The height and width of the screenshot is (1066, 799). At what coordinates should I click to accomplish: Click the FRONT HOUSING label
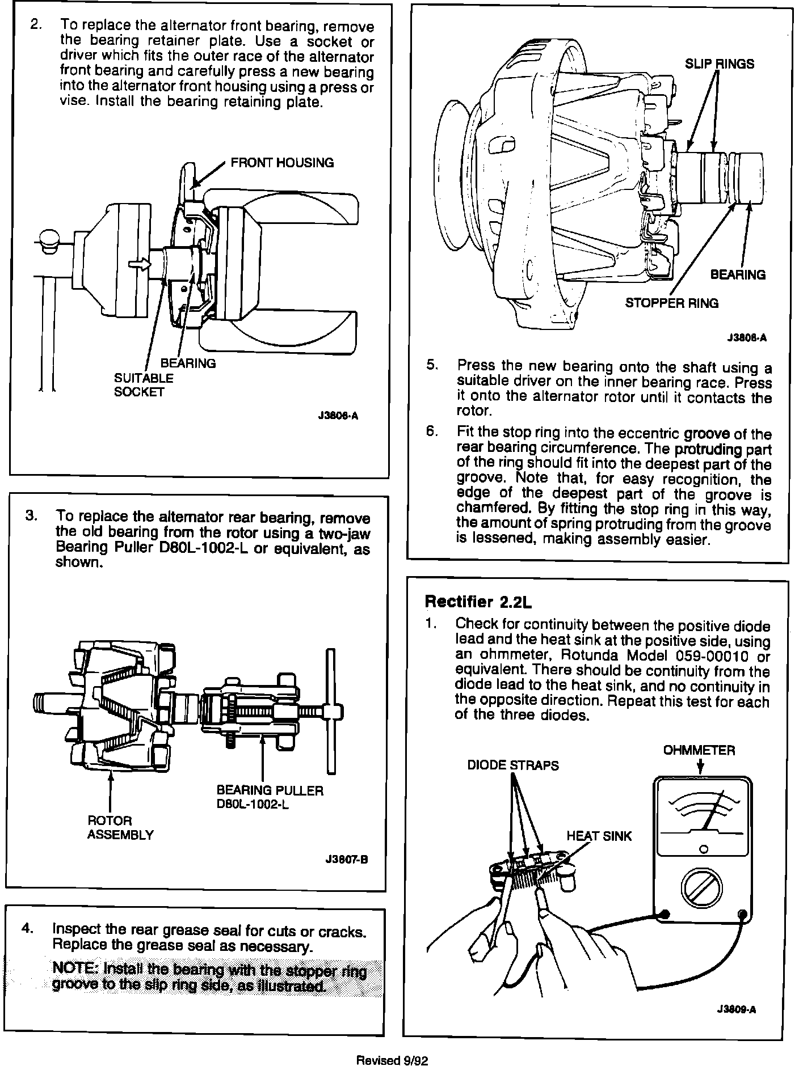[281, 163]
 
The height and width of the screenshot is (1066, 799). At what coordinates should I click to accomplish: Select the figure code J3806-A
[338, 416]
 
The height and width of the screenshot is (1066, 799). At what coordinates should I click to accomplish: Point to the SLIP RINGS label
[719, 64]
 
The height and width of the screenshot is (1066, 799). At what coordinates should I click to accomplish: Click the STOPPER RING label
[671, 303]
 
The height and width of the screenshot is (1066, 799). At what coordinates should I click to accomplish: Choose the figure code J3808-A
[746, 338]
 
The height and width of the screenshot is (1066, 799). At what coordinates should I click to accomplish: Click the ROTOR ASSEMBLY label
[120, 827]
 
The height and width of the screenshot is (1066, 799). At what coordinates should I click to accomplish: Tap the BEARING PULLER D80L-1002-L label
[270, 797]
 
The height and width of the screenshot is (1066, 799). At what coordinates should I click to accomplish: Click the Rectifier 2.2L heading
[478, 601]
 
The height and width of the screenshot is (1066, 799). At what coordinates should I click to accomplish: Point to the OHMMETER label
[699, 750]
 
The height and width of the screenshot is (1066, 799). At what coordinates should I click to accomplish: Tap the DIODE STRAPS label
[512, 765]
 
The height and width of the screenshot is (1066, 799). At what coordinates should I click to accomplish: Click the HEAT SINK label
[599, 835]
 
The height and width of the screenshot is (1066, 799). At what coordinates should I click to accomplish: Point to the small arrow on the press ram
[139, 264]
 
